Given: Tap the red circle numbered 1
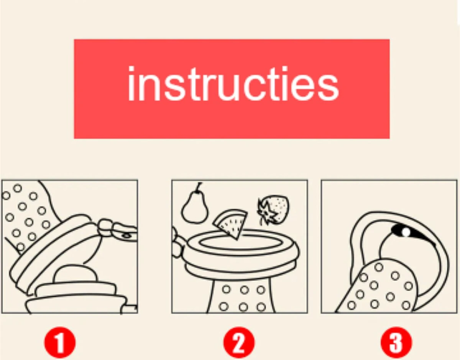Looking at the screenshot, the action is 60,343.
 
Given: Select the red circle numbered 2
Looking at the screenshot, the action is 239,343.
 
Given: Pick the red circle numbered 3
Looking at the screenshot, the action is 396,343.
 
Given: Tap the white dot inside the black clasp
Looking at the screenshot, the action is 406,232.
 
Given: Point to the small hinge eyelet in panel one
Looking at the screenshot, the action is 127,235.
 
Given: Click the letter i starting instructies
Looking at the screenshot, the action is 131,83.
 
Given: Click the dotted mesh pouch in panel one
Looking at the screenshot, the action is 25,216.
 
